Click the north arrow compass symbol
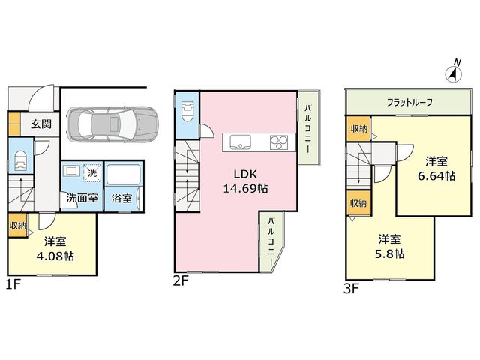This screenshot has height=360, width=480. point(453,71)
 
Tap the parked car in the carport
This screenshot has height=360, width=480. point(112,124)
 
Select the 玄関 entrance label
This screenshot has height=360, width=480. point(41,124)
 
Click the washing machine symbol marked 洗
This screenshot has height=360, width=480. point(92,173)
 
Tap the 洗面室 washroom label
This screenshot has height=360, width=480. point(82,198)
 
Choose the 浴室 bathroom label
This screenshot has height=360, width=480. point(121,198)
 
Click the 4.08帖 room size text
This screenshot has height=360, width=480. point(55,256)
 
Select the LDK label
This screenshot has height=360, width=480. point(245,174)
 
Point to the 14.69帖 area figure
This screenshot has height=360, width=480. point(245,188)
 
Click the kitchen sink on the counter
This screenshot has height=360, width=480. point(240,142)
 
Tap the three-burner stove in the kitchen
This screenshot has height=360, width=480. point(279,142)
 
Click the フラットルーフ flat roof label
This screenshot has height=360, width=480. point(409,102)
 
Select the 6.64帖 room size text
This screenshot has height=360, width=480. point(436,176)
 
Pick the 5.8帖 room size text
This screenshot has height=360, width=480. point(389,253)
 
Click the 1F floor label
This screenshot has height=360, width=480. point(13,284)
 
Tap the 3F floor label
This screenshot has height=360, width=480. point(351,289)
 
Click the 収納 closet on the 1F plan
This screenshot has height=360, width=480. point(17,226)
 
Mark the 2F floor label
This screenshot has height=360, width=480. point(181,280)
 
